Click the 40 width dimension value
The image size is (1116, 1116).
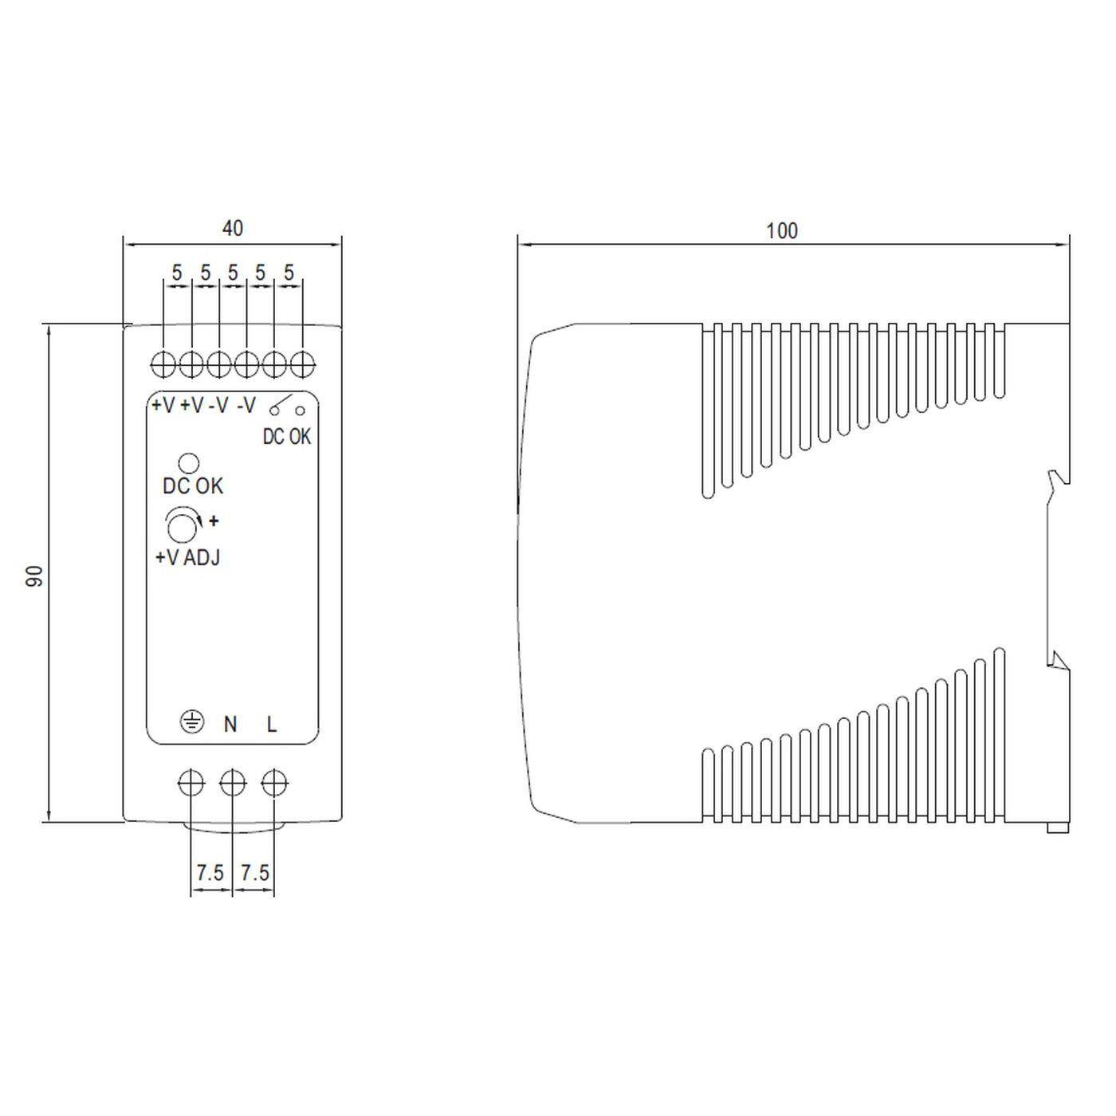[x=232, y=229]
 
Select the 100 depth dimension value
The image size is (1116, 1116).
[x=781, y=231]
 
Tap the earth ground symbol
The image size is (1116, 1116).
[x=191, y=723]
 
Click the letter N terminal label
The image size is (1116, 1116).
[x=230, y=724]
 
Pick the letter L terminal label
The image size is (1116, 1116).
[x=272, y=724]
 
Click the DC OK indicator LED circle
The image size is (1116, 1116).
[x=189, y=463]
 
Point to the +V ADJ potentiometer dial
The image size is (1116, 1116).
[x=183, y=525]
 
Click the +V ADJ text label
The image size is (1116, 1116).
[x=187, y=558]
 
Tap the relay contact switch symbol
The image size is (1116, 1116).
[x=287, y=407]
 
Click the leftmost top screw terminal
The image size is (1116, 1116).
[x=163, y=365]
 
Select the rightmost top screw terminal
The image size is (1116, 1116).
[x=302, y=365]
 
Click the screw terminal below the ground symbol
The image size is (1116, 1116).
[x=191, y=784]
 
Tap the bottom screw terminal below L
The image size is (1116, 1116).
[x=274, y=784]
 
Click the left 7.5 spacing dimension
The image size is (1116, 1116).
[x=210, y=873]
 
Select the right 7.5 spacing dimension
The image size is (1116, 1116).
[x=254, y=873]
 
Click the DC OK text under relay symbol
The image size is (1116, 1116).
[x=287, y=437]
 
